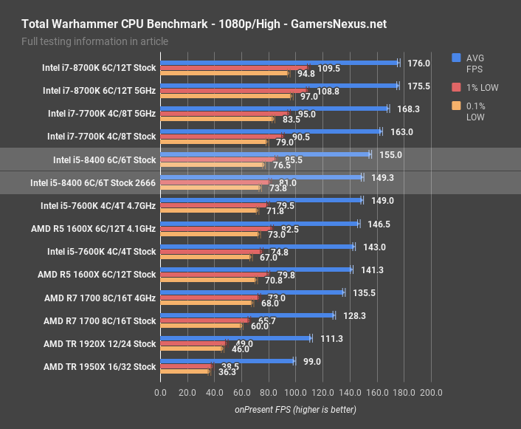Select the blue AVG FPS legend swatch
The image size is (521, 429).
click(x=457, y=58)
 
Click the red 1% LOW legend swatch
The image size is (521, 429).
click(x=457, y=87)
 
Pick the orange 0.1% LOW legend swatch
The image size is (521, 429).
click(x=457, y=106)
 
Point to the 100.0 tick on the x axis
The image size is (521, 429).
click(x=295, y=392)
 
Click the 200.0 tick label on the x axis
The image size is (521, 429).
click(x=430, y=392)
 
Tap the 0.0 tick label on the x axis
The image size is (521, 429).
click(x=160, y=392)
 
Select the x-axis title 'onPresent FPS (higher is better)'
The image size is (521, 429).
click(x=295, y=409)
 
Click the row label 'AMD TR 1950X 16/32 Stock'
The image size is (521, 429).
click(x=100, y=367)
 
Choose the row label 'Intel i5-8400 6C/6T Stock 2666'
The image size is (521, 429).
click(x=93, y=182)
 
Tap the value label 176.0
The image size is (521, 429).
click(x=418, y=64)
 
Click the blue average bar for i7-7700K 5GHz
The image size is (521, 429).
click(x=274, y=109)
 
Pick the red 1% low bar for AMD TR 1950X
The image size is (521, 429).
click(x=186, y=366)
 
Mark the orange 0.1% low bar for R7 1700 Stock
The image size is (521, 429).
click(x=201, y=326)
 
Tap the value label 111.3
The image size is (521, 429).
click(x=331, y=339)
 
